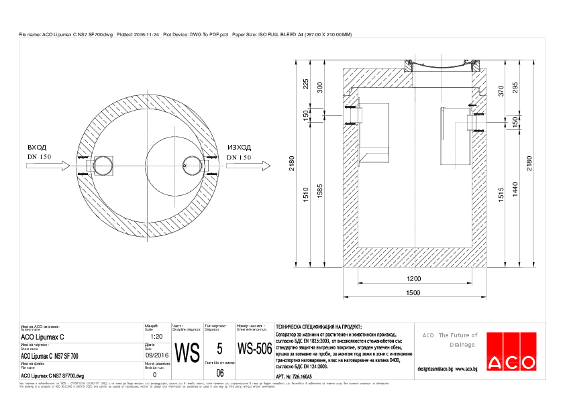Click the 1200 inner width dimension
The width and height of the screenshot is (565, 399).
(413, 278)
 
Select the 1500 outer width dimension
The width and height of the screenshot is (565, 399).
(413, 292)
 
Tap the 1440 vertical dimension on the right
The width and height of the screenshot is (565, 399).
(515, 192)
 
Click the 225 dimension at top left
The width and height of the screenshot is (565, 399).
(306, 84)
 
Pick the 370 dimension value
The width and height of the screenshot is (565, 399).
(500, 91)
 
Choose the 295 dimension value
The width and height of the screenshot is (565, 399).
(515, 89)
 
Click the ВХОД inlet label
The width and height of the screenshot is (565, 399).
(37, 148)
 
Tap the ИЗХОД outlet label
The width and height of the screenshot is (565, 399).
(239, 148)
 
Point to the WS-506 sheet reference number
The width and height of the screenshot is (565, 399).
(254, 349)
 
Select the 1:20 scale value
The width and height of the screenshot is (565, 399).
(154, 337)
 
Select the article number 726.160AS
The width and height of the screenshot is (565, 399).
(299, 378)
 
